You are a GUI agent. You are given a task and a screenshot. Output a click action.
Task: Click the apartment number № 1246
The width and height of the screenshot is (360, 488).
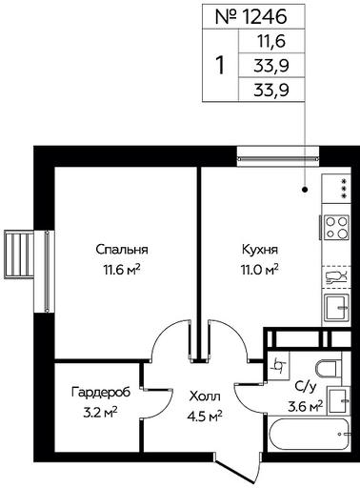pyautogui.click(x=251, y=17)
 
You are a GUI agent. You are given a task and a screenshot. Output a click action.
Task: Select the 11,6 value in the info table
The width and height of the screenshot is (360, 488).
pyautogui.click(x=270, y=42)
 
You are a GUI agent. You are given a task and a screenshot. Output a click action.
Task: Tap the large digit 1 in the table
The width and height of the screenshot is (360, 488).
pyautogui.click(x=220, y=65)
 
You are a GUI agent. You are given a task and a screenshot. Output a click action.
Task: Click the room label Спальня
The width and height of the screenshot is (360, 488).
pyautogui.click(x=122, y=250)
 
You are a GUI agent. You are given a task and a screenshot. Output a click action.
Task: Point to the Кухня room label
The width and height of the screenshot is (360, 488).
pyautogui.click(x=260, y=250)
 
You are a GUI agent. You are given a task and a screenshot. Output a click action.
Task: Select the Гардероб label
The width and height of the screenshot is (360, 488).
pyautogui.click(x=101, y=392)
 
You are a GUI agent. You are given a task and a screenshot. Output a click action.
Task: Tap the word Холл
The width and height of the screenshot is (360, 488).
pyautogui.click(x=205, y=396)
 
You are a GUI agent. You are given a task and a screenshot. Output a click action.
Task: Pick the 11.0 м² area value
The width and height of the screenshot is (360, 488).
pyautogui.click(x=260, y=270)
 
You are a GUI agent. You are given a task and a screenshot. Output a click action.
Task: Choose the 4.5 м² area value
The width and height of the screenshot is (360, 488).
pyautogui.click(x=205, y=416)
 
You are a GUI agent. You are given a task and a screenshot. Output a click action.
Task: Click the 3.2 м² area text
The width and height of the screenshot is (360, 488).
pyautogui.click(x=100, y=412)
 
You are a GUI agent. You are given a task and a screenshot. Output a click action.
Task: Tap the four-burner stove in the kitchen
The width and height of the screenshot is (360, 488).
pyautogui.click(x=336, y=227)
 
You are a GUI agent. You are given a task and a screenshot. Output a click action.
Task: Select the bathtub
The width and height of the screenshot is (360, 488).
pyautogui.click(x=309, y=435)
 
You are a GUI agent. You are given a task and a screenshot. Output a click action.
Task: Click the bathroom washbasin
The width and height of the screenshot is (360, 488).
pyautogui.click(x=338, y=400)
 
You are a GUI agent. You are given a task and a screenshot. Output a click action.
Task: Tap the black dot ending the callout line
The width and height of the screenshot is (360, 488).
pyautogui.click(x=305, y=190)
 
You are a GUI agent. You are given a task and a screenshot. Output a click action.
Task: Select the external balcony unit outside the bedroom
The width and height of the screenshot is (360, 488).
pyautogui.click(x=18, y=254)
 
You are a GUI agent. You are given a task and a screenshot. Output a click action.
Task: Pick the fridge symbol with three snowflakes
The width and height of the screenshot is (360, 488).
pyautogui.click(x=336, y=189)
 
